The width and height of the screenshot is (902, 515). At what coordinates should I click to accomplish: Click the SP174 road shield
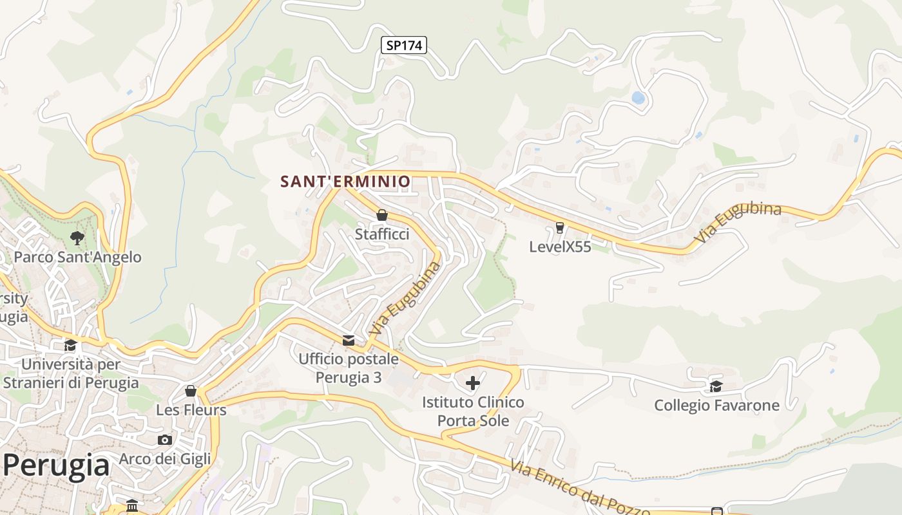tap(404, 45)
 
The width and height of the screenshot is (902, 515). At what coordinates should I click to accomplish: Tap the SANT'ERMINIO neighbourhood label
tap(345, 182)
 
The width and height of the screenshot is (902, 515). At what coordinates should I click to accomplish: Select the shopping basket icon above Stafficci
tap(382, 215)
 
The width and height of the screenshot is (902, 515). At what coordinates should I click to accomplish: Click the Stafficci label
tap(382, 234)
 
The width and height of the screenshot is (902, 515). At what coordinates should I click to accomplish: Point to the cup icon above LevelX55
tap(559, 227)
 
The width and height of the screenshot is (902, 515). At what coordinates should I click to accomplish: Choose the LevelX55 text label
tap(559, 247)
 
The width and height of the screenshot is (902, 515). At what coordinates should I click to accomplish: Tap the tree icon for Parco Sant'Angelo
tap(77, 238)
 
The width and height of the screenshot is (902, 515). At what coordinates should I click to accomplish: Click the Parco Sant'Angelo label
tap(77, 257)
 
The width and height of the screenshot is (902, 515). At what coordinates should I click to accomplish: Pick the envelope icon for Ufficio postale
tap(349, 340)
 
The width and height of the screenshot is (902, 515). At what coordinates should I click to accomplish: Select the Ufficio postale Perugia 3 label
tap(349, 368)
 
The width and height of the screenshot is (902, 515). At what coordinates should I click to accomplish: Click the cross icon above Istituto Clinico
tap(473, 383)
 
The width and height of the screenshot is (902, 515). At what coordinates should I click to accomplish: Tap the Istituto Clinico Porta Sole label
tap(473, 411)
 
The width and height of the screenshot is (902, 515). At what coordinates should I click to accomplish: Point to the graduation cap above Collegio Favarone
tap(716, 386)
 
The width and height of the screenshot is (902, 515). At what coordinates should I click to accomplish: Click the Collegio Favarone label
tap(716, 406)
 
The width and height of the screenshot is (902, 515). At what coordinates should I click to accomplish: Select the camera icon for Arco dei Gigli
tap(165, 440)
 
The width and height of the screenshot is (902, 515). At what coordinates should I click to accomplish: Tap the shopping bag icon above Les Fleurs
tap(191, 391)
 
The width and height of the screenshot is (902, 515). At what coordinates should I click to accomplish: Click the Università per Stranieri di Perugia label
tap(71, 373)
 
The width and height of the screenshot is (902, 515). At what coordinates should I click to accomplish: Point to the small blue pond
tap(638, 98)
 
